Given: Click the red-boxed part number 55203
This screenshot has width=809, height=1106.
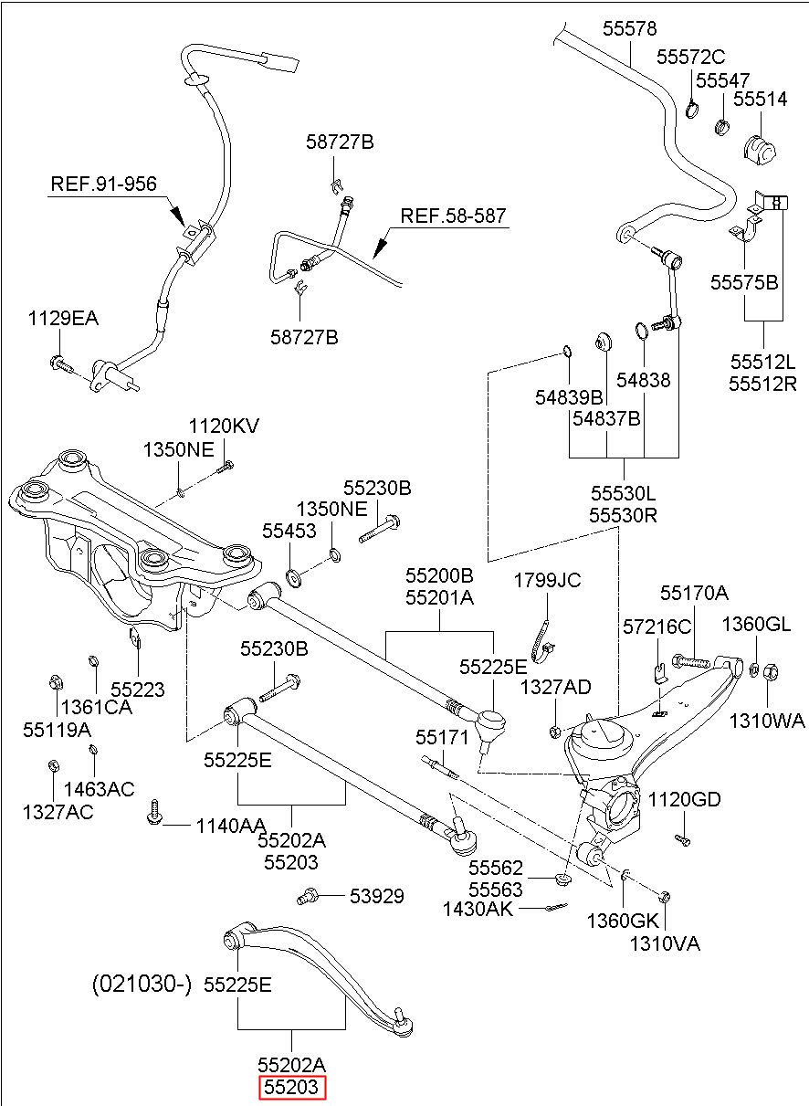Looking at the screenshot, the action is point(292,1088).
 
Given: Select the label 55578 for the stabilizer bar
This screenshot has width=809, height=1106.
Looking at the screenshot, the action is point(629,28).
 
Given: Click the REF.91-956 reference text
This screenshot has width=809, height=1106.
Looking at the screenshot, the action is point(104,184).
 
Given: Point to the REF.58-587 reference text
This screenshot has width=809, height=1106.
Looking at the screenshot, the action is point(453,216).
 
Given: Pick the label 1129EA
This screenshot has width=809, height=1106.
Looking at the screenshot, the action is point(63,319).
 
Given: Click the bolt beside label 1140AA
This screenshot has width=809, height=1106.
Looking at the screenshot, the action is point(154,812).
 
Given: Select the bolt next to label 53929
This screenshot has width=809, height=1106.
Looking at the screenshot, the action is point(307,895).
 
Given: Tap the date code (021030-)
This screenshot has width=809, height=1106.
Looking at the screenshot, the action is point(142,984).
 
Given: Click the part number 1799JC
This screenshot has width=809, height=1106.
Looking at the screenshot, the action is point(547,581).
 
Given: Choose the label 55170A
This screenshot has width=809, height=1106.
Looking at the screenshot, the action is point(694,593).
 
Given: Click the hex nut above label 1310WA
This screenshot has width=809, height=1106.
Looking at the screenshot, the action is point(771,672).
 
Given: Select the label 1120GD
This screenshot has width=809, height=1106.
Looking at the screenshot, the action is point(684,799).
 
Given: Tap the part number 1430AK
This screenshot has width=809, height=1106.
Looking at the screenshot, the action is point(478,909).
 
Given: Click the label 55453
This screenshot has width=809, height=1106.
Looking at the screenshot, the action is point(289,532).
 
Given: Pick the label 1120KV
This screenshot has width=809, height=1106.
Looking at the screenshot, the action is point(224,427).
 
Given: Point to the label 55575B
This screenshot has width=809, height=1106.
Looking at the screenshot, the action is point(744,282).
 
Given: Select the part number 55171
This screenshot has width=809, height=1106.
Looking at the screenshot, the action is point(442,738).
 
